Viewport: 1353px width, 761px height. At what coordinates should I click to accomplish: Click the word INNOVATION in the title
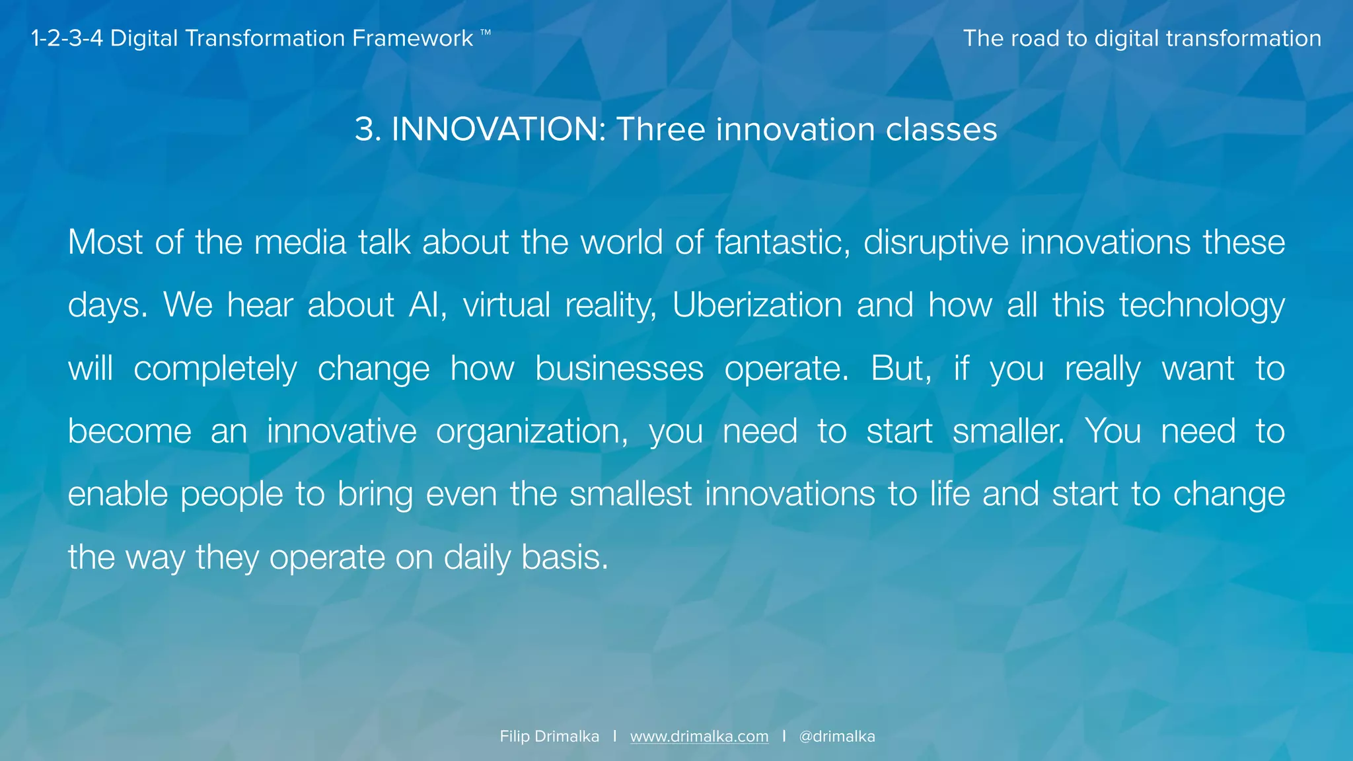(495, 129)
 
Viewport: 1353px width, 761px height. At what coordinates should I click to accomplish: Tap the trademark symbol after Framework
(486, 32)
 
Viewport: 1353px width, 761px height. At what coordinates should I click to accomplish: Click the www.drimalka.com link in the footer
(699, 737)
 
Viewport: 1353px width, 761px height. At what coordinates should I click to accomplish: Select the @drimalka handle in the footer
(836, 737)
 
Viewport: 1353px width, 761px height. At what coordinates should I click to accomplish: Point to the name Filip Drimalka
(549, 737)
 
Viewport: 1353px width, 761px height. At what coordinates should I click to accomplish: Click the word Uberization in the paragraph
(756, 306)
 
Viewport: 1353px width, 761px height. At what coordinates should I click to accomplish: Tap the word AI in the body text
(427, 306)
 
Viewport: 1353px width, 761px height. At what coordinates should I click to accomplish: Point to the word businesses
(619, 369)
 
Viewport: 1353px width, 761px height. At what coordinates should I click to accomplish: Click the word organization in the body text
(532, 432)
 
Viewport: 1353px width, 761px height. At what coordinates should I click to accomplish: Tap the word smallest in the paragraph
(630, 495)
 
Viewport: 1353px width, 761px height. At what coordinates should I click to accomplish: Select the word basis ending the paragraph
(564, 558)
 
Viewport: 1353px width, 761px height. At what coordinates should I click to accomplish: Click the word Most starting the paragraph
(105, 242)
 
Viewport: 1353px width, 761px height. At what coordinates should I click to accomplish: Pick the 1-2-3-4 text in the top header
(67, 38)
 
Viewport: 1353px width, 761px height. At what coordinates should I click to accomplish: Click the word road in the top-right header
(1035, 38)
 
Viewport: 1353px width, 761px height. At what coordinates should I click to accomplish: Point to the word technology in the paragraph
(1202, 306)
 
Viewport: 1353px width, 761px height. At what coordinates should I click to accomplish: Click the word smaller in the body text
(1007, 432)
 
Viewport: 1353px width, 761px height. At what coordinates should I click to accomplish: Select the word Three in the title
(661, 129)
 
